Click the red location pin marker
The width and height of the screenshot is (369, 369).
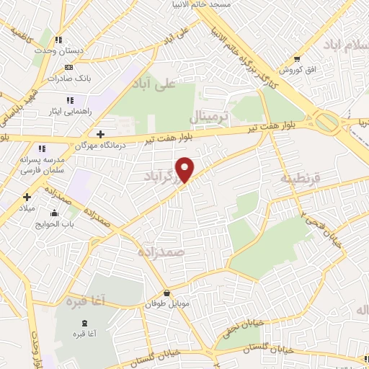coord(186,170)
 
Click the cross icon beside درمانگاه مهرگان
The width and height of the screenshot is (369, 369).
coord(101,134)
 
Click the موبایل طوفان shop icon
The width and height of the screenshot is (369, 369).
coord(167,293)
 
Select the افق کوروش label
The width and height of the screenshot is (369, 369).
coord(294,70)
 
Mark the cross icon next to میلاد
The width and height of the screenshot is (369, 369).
coord(27,196)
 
